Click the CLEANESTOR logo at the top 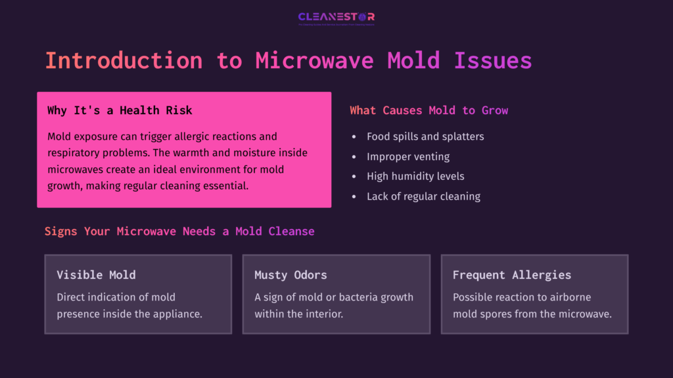point(336,18)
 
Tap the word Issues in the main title point(492,60)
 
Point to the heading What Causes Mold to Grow point(429,110)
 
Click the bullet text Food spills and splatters point(425,136)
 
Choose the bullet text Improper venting point(409,156)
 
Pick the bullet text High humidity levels point(415,176)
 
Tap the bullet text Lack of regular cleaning point(423,196)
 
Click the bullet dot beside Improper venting point(354,157)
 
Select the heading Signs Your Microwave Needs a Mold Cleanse point(179,231)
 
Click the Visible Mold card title point(96,275)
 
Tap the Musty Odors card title point(290,275)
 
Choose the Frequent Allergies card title point(511,275)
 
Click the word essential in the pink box point(223,186)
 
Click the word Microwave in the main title point(314,60)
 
